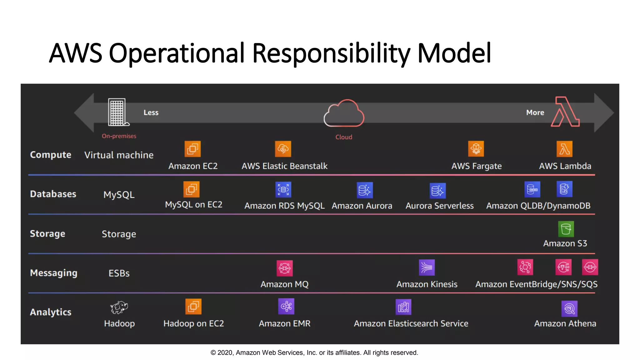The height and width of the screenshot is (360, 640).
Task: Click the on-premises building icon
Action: (117, 112)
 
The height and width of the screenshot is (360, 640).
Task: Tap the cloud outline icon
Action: (344, 114)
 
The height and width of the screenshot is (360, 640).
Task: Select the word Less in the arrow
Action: (151, 112)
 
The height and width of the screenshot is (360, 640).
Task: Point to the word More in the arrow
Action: (535, 112)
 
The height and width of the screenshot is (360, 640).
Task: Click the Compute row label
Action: (51, 155)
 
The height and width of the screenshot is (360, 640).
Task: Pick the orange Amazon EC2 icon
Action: (192, 149)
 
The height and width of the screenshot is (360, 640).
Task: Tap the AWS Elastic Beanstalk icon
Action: (283, 149)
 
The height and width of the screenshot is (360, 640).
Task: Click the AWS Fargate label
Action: (476, 166)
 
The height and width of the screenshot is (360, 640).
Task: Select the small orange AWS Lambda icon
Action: (564, 149)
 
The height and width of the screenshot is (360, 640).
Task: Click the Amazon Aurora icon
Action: (365, 190)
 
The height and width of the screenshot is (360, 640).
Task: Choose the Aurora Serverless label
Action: (439, 206)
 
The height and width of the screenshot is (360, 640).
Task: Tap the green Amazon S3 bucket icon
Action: (566, 229)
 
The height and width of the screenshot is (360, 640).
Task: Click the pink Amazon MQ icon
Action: (284, 268)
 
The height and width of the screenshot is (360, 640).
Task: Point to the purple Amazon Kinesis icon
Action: (427, 267)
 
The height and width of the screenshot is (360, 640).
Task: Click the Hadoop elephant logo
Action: (119, 307)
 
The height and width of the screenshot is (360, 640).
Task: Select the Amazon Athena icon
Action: (569, 309)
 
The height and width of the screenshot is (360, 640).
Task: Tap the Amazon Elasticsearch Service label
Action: (411, 323)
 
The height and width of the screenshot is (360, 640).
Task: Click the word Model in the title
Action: (454, 53)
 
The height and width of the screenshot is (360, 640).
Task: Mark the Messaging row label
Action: (53, 273)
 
